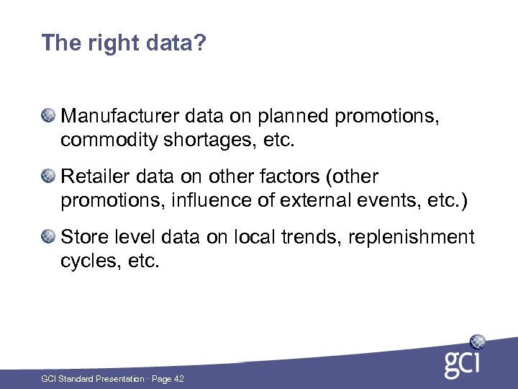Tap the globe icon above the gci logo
tap(478, 341)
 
